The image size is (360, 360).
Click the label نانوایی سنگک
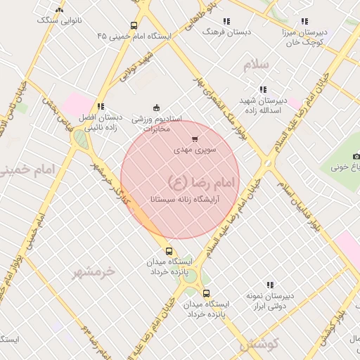tap(60, 20)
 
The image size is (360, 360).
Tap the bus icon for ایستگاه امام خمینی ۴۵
tap(134, 26)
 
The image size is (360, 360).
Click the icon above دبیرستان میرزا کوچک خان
tap(304, 22)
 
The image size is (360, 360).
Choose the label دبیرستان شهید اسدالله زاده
tap(263, 105)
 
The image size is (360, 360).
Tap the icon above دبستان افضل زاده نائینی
tap(101, 107)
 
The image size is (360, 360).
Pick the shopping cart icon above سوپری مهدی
tap(195, 139)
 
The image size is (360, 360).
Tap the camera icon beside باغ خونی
tap(356, 156)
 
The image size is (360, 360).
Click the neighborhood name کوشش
tap(259, 344)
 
